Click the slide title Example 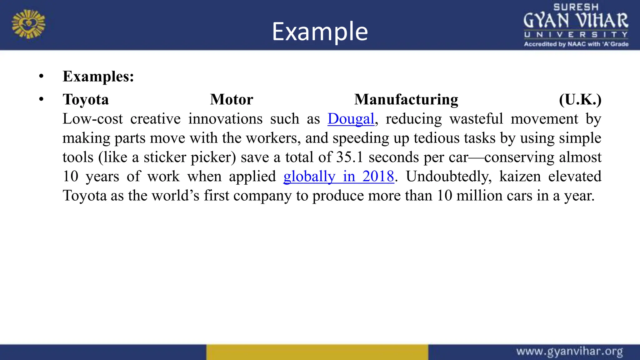click(320, 31)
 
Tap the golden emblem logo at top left click(28, 24)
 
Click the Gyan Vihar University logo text click(576, 21)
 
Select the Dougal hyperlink click(351, 119)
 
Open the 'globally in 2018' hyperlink click(338, 177)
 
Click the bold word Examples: click(98, 77)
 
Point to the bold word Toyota click(86, 100)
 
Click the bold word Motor click(231, 100)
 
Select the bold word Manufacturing click(406, 100)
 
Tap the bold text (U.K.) click(580, 100)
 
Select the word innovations click(225, 119)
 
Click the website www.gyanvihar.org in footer click(569, 352)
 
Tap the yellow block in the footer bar click(317, 352)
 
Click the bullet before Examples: click(41, 76)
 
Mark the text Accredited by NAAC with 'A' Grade click(576, 44)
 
